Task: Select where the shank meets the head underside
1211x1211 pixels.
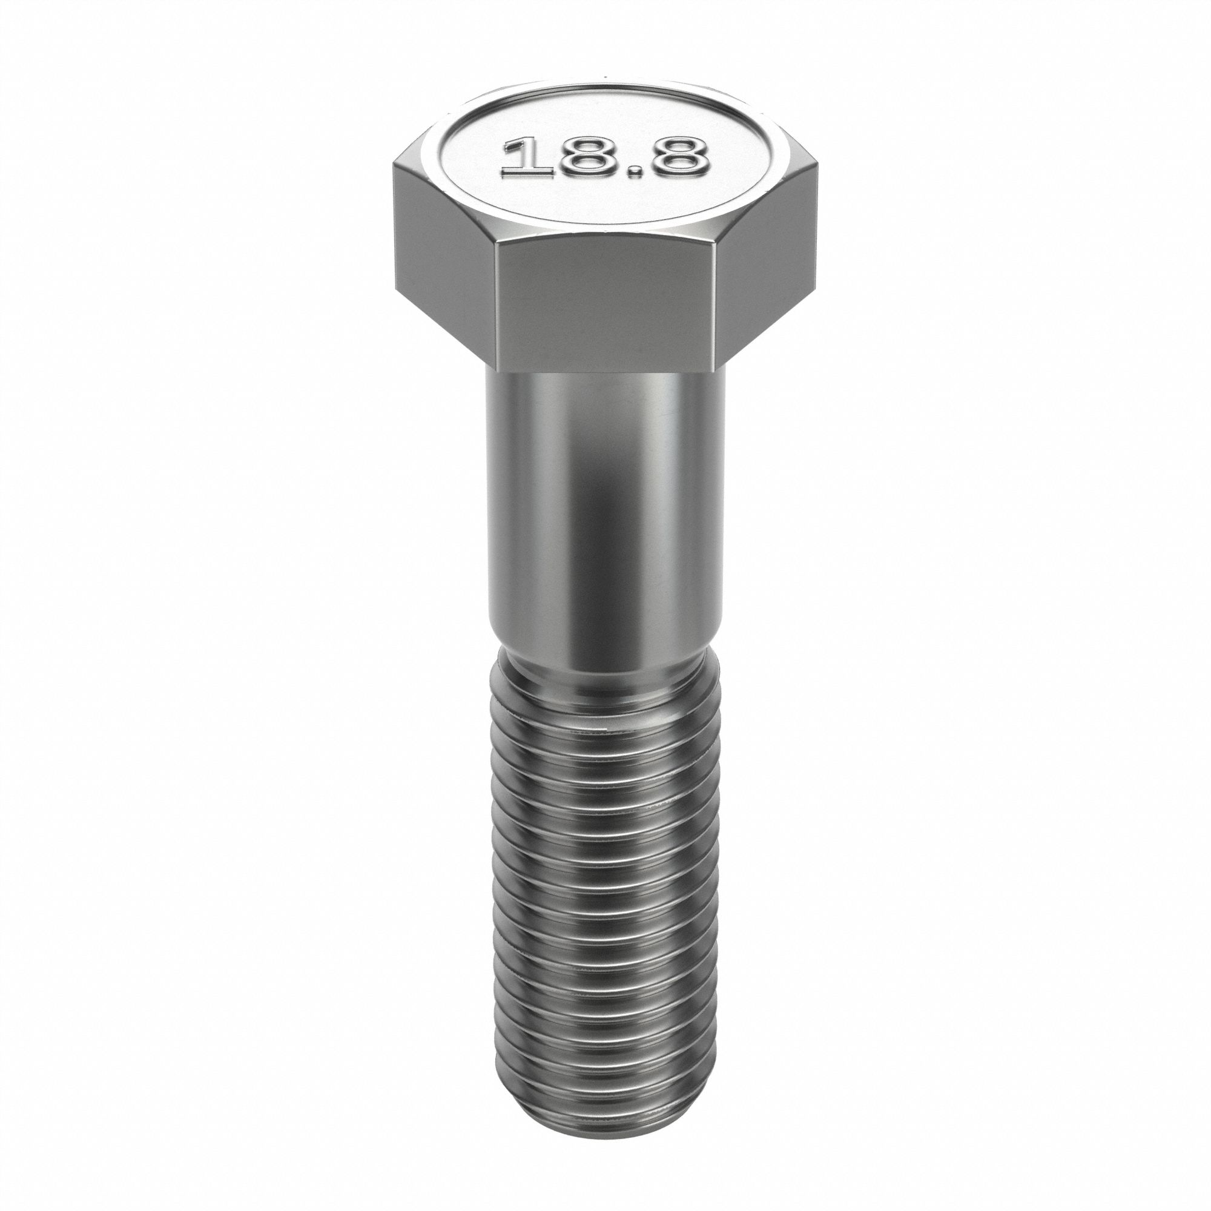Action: coord(605,372)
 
